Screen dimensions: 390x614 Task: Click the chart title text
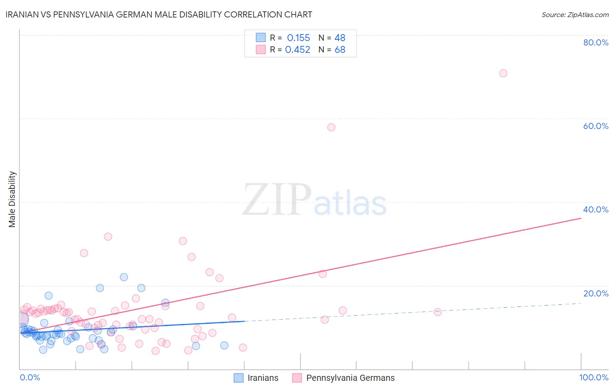pyautogui.click(x=159, y=14)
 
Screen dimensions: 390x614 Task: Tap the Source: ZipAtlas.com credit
pyautogui.click(x=575, y=14)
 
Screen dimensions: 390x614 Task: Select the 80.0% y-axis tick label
pyautogui.click(x=596, y=42)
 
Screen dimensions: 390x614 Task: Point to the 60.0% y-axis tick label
pyautogui.click(x=596, y=126)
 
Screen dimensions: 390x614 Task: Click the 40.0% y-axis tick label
pyautogui.click(x=596, y=209)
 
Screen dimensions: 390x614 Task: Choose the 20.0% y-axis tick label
pyautogui.click(x=596, y=293)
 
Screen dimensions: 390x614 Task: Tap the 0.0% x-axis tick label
pyautogui.click(x=30, y=377)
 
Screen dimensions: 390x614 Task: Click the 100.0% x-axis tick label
pyautogui.click(x=593, y=377)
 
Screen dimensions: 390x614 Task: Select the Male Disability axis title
pyautogui.click(x=12, y=199)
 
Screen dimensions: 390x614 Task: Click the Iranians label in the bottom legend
pyautogui.click(x=262, y=378)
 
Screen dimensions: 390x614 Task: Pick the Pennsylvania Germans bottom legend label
pyautogui.click(x=350, y=378)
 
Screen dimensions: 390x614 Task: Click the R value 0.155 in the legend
pyautogui.click(x=298, y=38)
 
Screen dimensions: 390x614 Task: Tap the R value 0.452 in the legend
pyautogui.click(x=297, y=50)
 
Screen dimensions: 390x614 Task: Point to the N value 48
pyautogui.click(x=340, y=38)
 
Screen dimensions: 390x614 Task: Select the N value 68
pyautogui.click(x=340, y=50)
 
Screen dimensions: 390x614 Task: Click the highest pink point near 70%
pyautogui.click(x=503, y=73)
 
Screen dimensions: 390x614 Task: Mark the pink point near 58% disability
pyautogui.click(x=331, y=127)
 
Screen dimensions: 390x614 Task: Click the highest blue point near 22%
pyautogui.click(x=124, y=277)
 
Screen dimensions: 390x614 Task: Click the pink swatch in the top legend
pyautogui.click(x=261, y=49)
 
